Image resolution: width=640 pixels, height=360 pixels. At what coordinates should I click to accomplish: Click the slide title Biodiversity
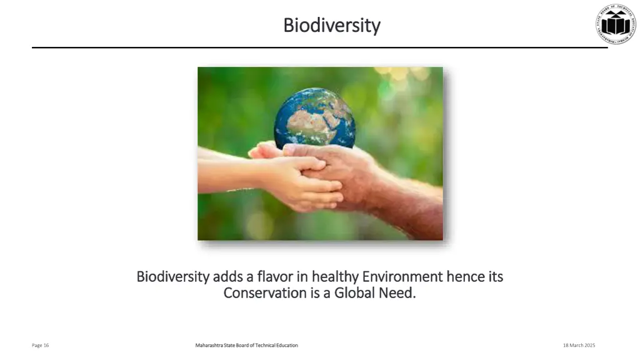[331, 26]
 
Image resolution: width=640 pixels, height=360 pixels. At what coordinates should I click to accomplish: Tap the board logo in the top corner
[615, 24]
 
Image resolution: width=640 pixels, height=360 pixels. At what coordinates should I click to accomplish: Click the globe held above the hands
[314, 118]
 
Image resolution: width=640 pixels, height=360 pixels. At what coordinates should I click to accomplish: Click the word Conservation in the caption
[265, 292]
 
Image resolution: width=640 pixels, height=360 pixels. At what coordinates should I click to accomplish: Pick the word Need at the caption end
[397, 292]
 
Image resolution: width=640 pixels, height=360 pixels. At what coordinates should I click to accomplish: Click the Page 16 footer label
[41, 346]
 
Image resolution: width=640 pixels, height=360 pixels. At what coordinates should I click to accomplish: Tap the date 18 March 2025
[579, 346]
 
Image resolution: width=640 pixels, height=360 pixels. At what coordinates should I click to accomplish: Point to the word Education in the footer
[285, 346]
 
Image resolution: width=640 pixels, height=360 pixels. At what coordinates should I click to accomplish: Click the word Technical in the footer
[259, 346]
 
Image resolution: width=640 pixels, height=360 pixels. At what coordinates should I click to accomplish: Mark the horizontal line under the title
[319, 47]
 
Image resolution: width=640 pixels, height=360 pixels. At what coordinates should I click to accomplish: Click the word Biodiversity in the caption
[172, 276]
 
